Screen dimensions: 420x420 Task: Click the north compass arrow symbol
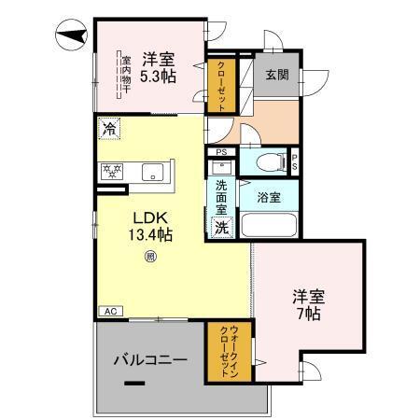coord(69,37)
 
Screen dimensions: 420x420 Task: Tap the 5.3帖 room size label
coord(158,77)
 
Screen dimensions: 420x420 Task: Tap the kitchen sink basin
coord(153,172)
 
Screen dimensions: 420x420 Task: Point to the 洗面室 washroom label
coord(222,197)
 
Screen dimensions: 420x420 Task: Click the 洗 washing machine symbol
coord(222,227)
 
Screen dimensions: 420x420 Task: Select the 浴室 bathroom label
coord(271,197)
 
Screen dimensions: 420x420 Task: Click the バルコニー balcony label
coord(150,358)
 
